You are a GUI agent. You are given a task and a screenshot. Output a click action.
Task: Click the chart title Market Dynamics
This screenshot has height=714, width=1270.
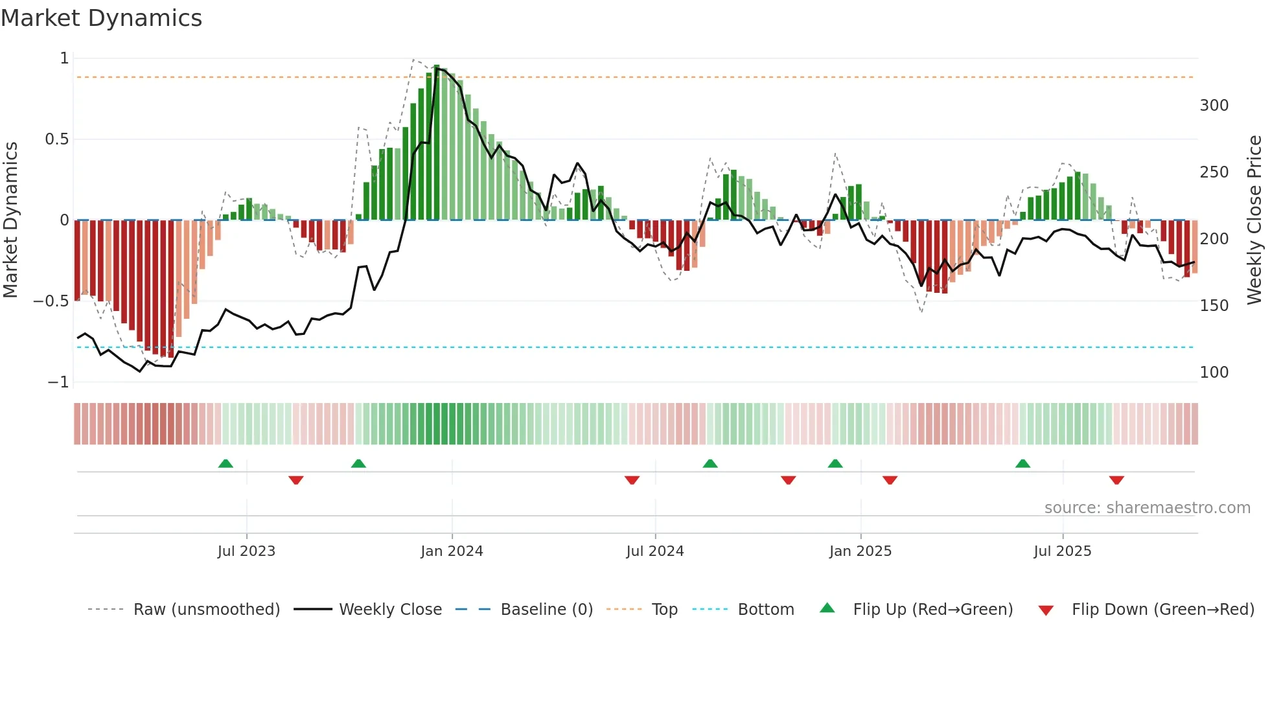[x=101, y=18]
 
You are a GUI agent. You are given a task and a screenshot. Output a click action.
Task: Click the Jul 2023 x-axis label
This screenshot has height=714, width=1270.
[x=246, y=551]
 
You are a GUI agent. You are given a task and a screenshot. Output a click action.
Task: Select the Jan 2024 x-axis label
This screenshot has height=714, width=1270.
[x=452, y=551]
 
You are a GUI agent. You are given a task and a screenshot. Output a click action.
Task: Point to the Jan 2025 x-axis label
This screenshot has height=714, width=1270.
[x=860, y=551]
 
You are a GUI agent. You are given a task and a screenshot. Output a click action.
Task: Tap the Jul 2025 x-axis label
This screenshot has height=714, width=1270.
[x=1063, y=551]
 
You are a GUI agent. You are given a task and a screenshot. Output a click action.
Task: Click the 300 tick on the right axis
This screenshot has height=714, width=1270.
[x=1214, y=106]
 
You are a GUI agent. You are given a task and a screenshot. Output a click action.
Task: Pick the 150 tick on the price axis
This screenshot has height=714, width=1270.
[x=1214, y=306]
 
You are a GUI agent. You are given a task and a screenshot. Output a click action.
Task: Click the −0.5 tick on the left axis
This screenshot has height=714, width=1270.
[x=51, y=301]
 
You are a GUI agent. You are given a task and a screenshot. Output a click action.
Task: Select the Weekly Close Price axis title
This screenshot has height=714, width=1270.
[x=1254, y=220]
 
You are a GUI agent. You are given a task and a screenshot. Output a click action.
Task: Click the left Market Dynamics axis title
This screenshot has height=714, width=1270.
[x=10, y=220]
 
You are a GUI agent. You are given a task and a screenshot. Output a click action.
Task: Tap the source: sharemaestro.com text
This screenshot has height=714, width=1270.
[x=1147, y=508]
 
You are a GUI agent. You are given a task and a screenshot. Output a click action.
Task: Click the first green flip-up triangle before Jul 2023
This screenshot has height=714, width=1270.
[x=225, y=463]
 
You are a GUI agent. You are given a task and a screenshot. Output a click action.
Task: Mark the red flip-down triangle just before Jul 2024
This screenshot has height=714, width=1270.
[x=632, y=480]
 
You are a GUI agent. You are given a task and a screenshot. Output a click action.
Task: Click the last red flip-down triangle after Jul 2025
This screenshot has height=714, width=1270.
[x=1116, y=480]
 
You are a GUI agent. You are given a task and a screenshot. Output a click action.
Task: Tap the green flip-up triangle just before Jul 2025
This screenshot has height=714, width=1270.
[x=1022, y=463]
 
